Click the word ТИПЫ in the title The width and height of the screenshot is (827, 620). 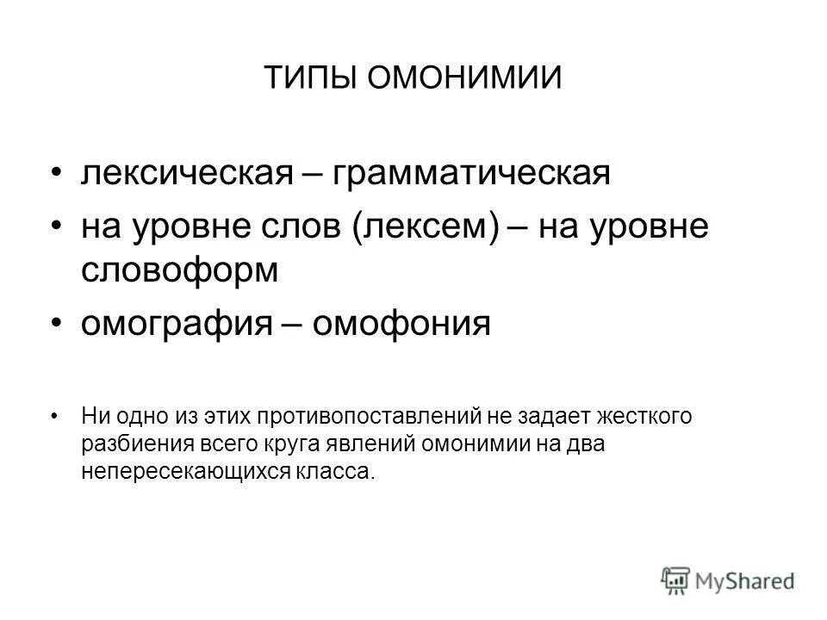[309, 78]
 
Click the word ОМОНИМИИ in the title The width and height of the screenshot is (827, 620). [464, 78]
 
